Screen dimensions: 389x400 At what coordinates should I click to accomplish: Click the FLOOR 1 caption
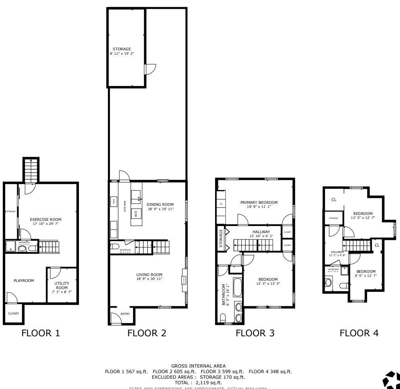(42, 333)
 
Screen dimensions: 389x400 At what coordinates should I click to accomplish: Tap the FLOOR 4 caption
(359, 333)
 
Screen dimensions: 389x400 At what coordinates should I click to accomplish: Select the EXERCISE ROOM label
(46, 219)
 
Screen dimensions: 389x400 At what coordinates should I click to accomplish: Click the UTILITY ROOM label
(62, 286)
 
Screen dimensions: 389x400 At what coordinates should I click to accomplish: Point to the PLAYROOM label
(24, 280)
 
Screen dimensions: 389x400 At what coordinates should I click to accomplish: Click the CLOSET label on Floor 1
(13, 313)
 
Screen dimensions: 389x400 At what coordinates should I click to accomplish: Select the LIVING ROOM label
(149, 274)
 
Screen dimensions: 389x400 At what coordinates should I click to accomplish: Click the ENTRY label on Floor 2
(125, 314)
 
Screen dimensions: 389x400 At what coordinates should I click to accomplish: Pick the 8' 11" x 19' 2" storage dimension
(122, 54)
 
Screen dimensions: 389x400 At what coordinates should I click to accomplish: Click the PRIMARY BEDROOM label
(259, 202)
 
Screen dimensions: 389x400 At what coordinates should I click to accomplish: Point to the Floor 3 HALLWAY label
(261, 232)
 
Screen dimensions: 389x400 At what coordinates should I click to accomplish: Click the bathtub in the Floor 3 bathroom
(237, 287)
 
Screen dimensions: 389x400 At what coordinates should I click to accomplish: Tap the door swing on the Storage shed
(150, 69)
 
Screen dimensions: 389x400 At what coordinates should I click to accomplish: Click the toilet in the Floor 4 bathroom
(328, 283)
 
